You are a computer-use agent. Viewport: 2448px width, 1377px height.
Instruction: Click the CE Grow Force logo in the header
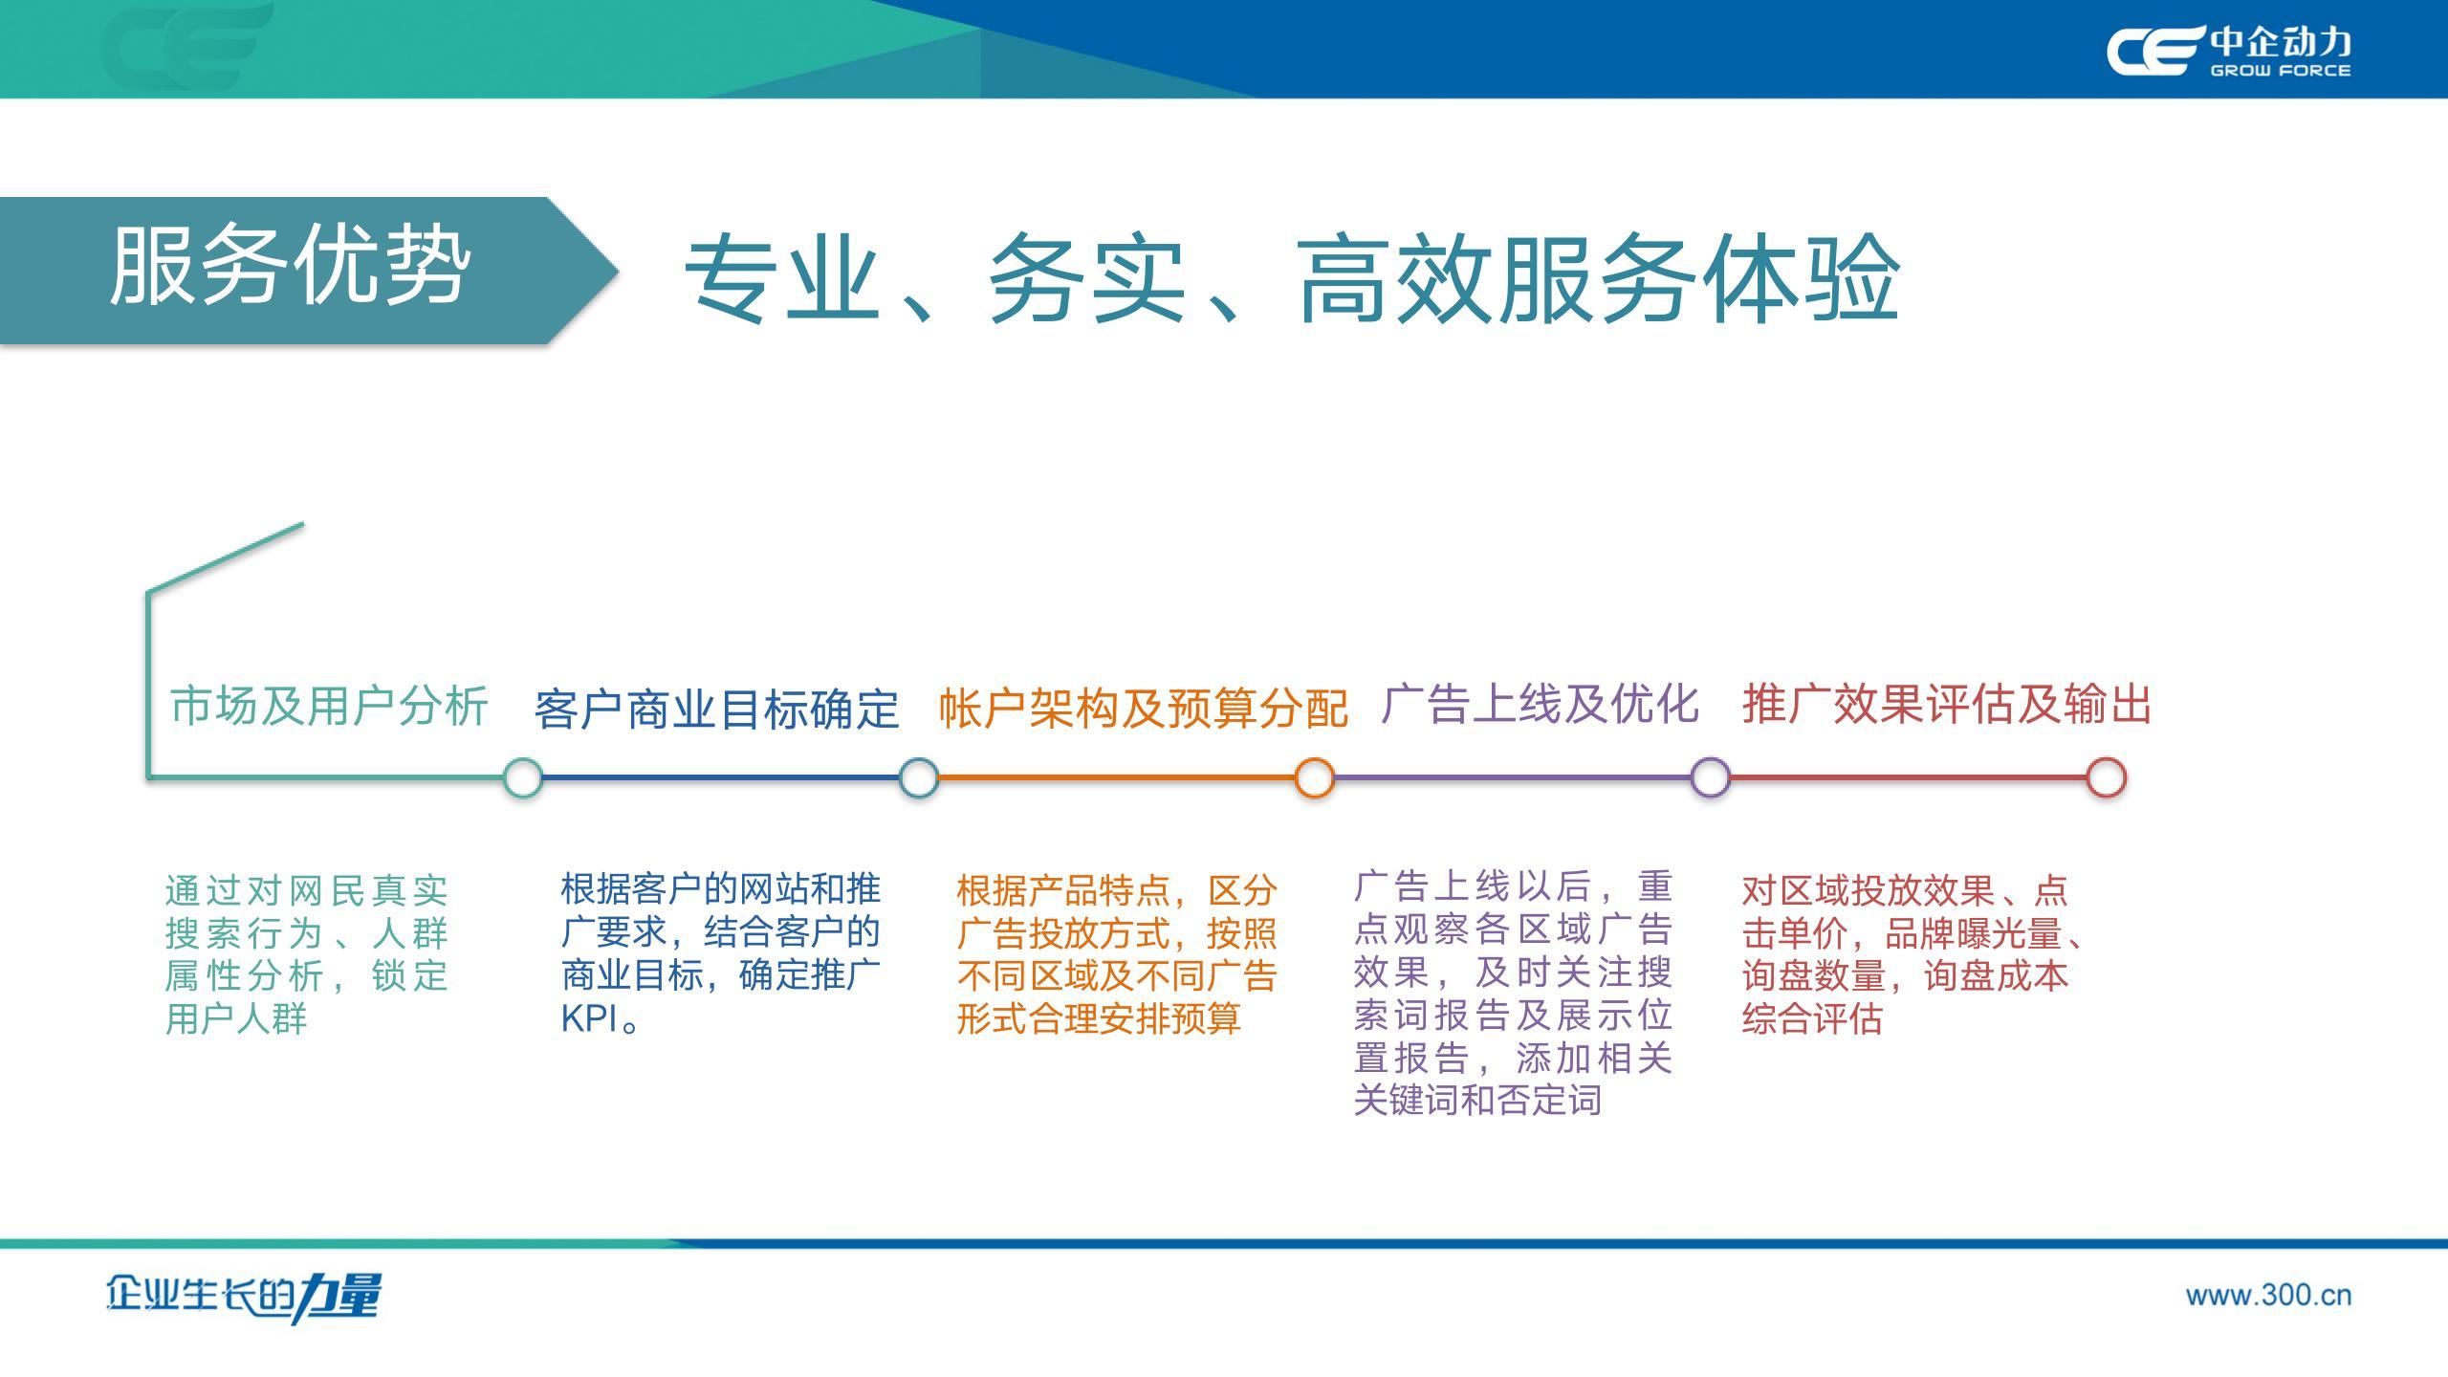[x=2227, y=51]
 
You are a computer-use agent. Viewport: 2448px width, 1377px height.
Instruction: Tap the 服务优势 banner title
[x=290, y=267]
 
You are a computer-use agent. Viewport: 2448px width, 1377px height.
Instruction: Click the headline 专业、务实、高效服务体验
[x=1292, y=278]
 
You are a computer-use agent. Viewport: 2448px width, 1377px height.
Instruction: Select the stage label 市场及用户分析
[x=329, y=706]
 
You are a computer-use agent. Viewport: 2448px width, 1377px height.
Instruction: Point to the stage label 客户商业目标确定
[x=716, y=710]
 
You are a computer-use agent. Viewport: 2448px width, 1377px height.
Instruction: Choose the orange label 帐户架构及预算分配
[x=1143, y=708]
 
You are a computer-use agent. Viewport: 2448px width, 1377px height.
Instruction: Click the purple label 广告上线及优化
[x=1540, y=704]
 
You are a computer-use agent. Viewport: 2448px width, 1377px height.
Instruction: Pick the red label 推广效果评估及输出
[x=1947, y=705]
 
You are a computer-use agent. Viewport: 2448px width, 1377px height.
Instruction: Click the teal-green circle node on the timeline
[x=523, y=777]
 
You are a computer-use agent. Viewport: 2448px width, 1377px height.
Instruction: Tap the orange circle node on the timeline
[x=1315, y=777]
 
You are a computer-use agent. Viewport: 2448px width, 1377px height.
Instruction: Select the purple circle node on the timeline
[x=1711, y=777]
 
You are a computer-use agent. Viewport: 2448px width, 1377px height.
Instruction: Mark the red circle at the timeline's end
[x=2106, y=777]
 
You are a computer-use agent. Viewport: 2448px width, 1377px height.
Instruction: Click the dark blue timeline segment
[x=721, y=777]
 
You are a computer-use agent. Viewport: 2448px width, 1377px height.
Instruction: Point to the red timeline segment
[x=1908, y=777]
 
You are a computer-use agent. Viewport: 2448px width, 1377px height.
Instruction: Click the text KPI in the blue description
[x=589, y=1019]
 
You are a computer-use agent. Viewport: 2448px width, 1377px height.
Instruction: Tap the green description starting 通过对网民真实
[x=307, y=954]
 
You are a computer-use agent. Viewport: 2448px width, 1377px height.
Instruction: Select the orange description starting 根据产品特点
[x=1117, y=954]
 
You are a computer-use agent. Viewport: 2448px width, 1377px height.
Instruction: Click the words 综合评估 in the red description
[x=1812, y=1019]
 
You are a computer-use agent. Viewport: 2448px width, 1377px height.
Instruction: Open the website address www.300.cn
[x=2268, y=1296]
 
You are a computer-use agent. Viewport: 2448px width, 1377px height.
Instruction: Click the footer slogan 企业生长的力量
[x=244, y=1298]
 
